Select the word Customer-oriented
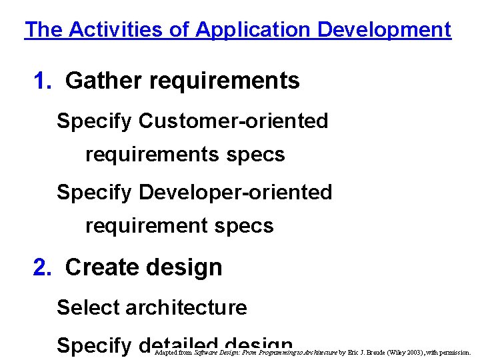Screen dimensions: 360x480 [x=233, y=121]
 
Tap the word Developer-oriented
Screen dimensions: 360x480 [x=235, y=193]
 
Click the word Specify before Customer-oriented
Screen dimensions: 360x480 [x=95, y=121]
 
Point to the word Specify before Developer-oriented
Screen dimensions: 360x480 [x=95, y=193]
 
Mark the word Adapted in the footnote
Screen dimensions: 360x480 [x=166, y=353]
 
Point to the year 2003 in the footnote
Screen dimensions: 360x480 [x=417, y=353]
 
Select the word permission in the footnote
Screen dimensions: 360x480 [x=455, y=353]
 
